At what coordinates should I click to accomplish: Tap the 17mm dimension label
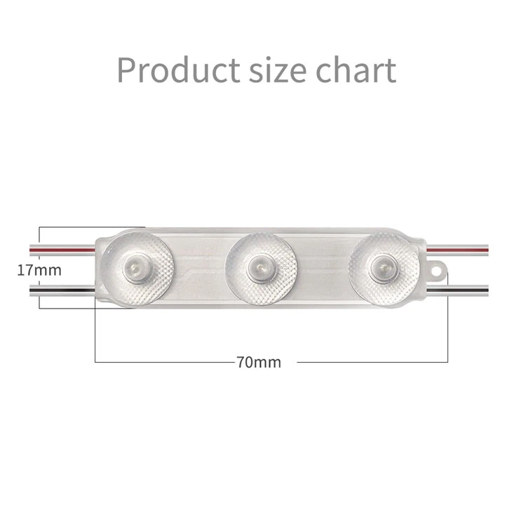coord(39,269)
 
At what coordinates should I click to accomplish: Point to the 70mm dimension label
coord(259,362)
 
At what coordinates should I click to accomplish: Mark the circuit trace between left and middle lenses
coord(199,267)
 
